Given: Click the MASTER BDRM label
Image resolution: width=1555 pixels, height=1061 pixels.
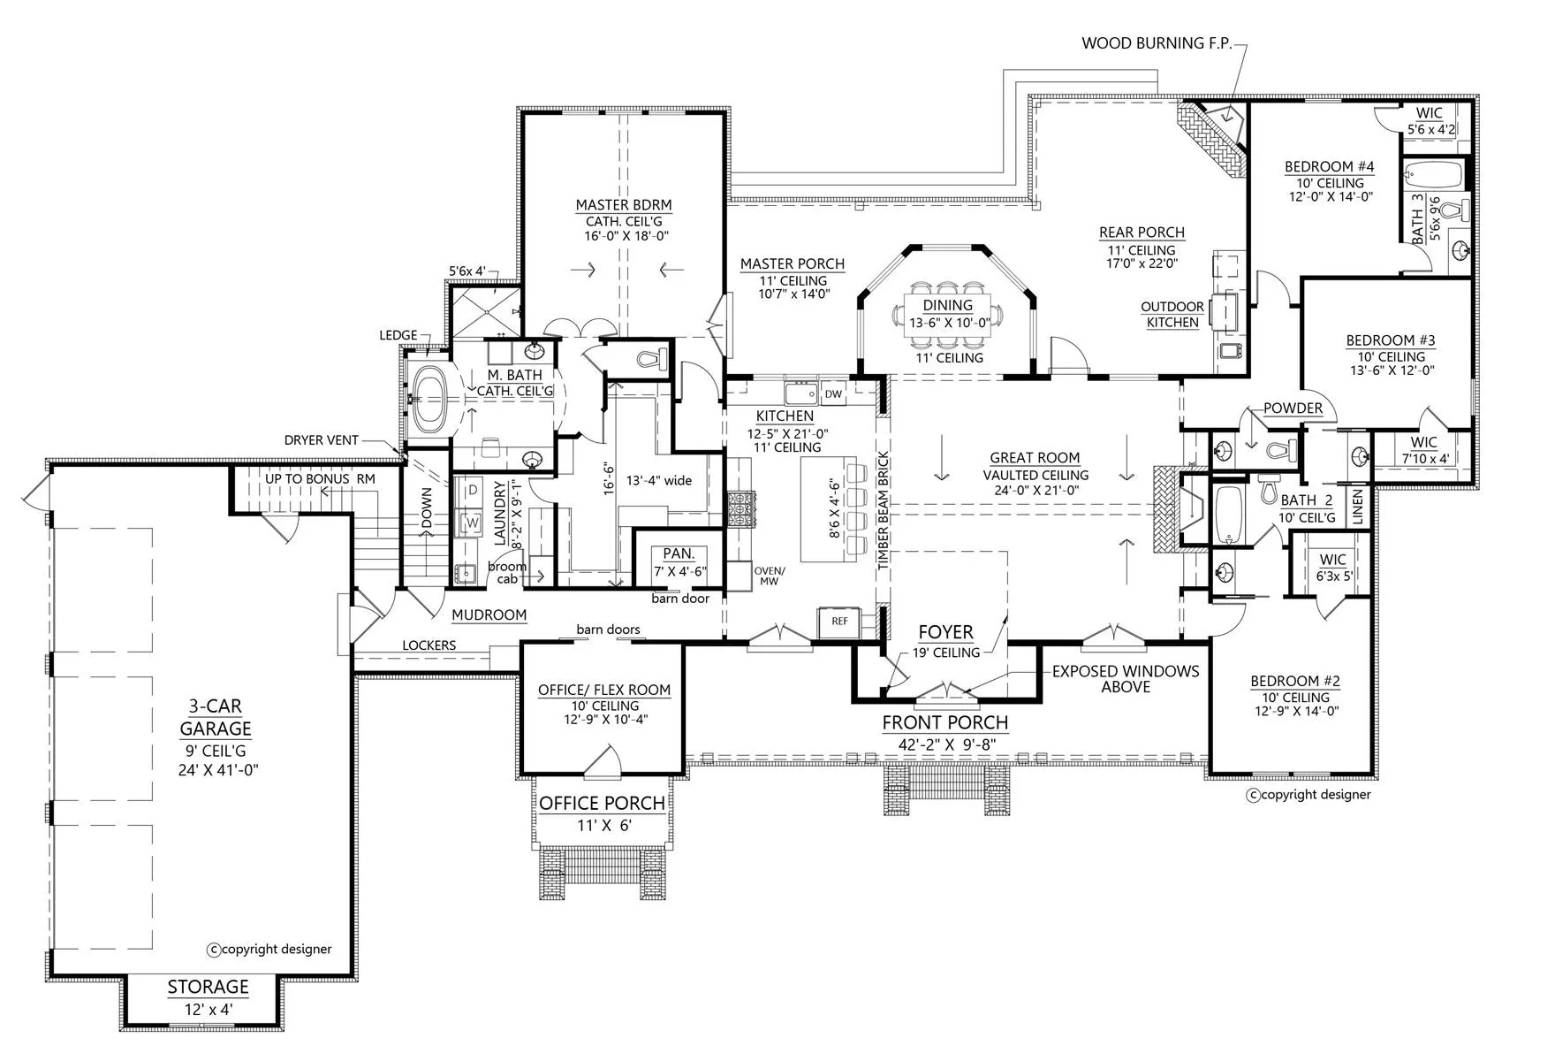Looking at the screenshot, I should click(623, 204).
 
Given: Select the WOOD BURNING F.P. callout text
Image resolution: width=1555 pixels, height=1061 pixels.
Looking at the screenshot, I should click(1156, 42).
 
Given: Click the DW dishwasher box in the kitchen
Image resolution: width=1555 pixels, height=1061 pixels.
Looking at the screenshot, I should click(832, 393).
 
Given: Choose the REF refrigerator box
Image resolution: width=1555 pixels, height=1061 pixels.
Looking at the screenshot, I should click(839, 622).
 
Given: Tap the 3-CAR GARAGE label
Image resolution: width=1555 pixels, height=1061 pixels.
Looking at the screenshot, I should click(216, 717).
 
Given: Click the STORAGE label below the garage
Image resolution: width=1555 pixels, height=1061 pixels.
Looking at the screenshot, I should click(209, 987).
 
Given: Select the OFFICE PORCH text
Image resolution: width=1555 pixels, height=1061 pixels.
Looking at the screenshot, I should click(602, 803).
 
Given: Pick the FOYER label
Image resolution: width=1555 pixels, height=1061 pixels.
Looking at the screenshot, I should click(945, 632).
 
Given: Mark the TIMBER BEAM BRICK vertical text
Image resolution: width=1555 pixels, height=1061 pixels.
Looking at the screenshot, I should click(882, 510).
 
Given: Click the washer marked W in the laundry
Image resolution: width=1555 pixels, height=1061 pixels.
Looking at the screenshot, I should click(473, 523).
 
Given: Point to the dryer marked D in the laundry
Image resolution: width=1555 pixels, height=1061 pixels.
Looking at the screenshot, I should click(473, 489).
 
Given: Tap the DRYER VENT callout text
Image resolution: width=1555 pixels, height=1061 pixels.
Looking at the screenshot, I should click(322, 440).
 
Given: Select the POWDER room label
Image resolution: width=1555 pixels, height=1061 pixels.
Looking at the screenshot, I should click(1293, 408).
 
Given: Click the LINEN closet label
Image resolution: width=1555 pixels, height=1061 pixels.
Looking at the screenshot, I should click(1358, 506).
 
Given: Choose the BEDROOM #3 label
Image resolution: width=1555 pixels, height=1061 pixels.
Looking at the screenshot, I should click(1390, 340).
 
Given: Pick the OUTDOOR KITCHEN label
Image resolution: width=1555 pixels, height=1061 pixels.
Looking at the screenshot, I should click(1172, 315).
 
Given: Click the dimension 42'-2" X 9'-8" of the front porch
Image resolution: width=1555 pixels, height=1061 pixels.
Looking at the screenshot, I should click(946, 744).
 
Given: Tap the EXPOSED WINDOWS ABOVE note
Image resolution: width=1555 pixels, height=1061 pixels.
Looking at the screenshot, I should click(1125, 679).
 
